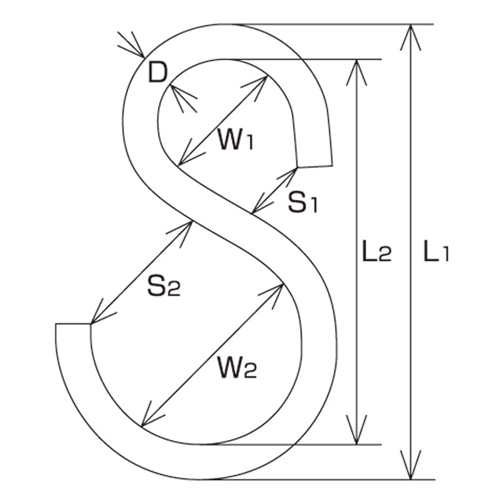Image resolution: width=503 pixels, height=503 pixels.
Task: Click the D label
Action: point(158,72)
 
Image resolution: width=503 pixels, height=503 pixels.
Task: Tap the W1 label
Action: point(236,139)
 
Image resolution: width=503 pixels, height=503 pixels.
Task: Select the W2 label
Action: point(237,368)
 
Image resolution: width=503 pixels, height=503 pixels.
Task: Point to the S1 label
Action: point(303,202)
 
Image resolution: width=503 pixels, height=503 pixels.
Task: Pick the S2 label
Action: point(164,286)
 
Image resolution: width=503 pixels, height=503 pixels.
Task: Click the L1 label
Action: point(436,251)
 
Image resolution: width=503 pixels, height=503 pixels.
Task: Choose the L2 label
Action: point(377,251)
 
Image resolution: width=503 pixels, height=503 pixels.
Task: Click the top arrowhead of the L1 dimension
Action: point(411,37)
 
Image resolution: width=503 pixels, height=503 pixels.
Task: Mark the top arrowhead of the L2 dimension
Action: point(357,72)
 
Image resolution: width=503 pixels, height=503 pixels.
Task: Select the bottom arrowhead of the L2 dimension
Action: point(357,431)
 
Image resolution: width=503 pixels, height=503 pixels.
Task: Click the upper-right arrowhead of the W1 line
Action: point(257,86)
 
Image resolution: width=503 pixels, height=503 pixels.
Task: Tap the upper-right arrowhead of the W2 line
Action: point(273,294)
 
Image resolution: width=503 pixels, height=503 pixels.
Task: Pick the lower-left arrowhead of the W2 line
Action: point(152,416)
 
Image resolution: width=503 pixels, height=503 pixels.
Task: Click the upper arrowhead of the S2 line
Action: point(181,232)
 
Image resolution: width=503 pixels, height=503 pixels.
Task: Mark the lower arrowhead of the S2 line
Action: point(101,313)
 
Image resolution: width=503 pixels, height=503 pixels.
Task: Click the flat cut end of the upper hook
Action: point(314,166)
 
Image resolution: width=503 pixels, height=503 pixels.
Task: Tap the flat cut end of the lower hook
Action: point(72,324)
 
